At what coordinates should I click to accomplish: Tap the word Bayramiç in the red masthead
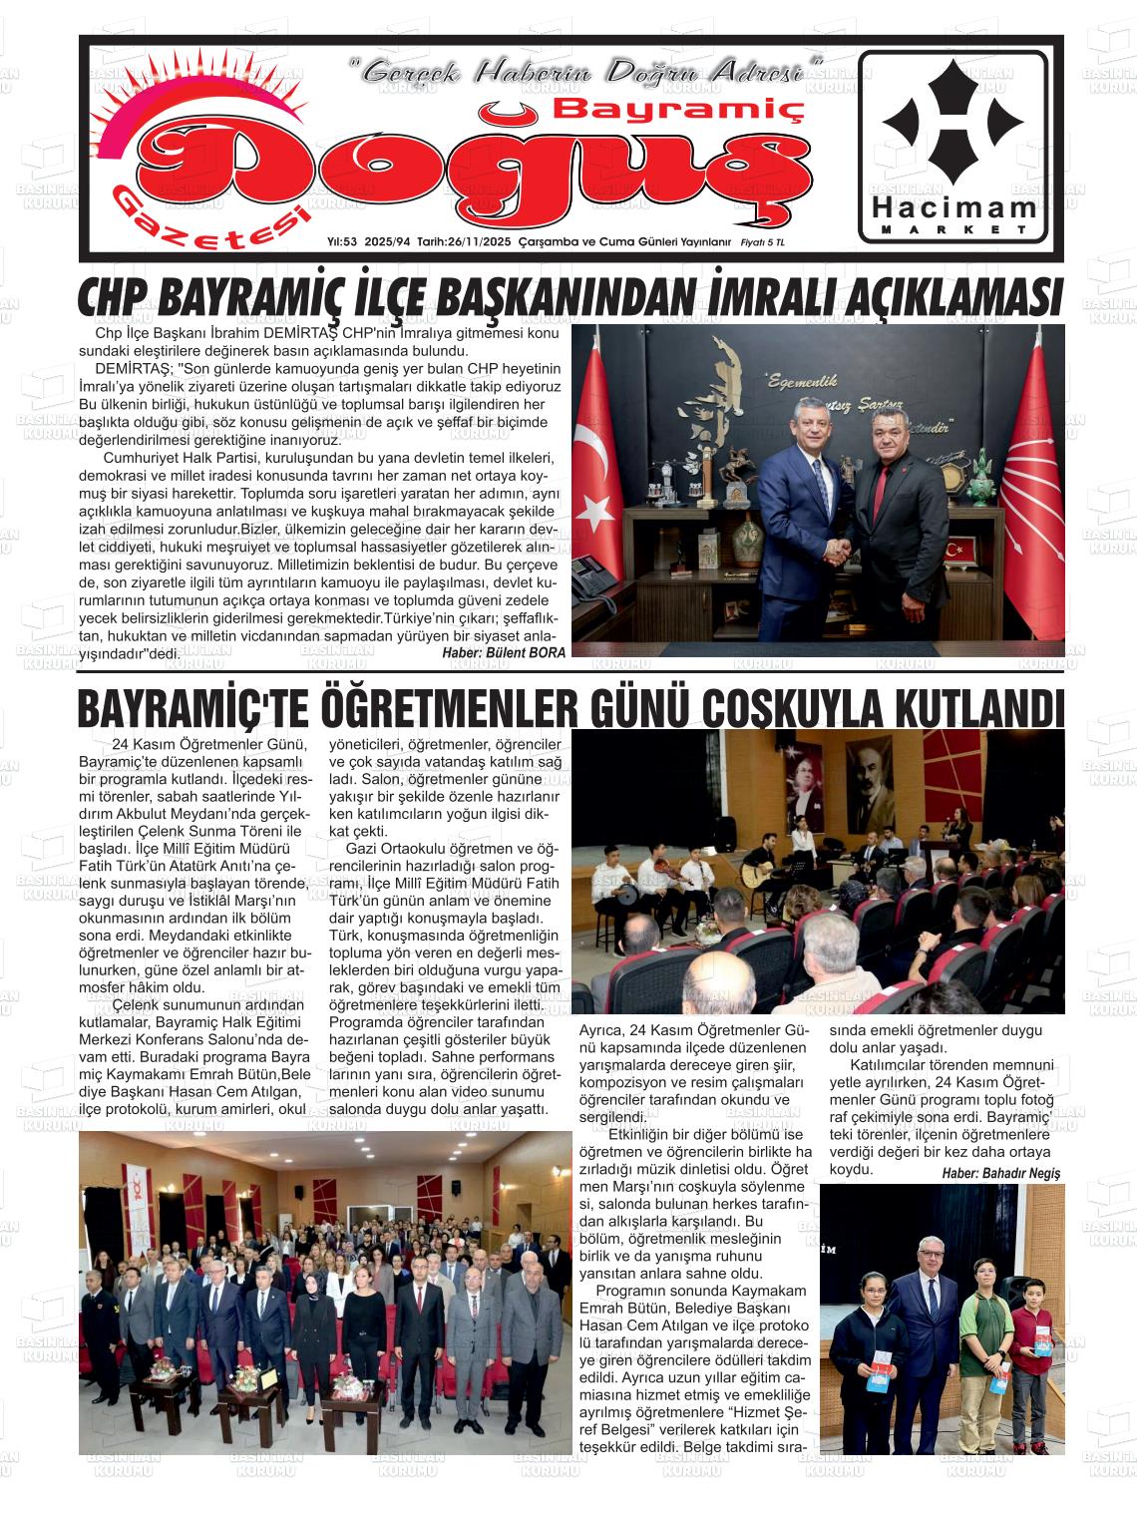[x=678, y=108]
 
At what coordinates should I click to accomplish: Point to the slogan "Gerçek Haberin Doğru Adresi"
[x=586, y=72]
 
